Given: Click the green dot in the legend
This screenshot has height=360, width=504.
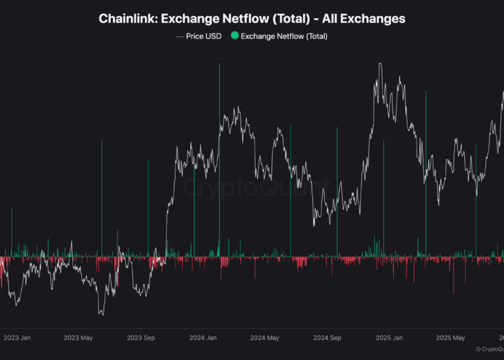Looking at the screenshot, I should click(234, 36).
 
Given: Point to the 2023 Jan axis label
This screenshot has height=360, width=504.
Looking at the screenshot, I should click(16, 338).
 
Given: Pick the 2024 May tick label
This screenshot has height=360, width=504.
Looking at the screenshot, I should click(263, 338).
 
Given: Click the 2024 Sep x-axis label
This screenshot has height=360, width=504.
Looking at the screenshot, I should click(328, 338).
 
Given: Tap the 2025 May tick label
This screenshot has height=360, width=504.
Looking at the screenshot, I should click(450, 338).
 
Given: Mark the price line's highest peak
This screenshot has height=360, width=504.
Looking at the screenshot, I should click(380, 64).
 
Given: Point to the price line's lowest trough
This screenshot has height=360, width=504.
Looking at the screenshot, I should click(101, 314).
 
